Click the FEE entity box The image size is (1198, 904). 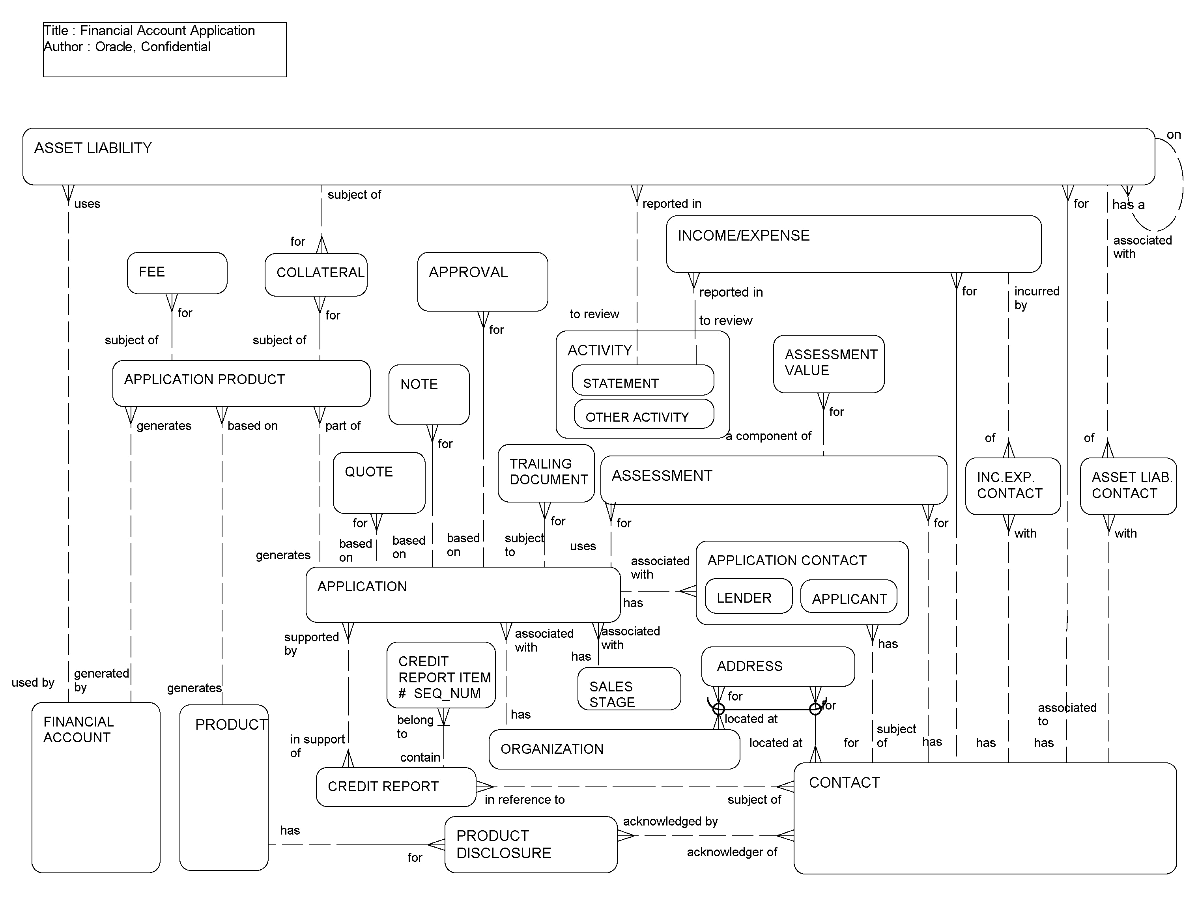pyautogui.click(x=177, y=273)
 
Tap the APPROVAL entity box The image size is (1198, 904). pyautogui.click(x=482, y=281)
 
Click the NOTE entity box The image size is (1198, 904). pyautogui.click(x=428, y=394)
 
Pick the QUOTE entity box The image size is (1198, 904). pyautogui.click(x=379, y=482)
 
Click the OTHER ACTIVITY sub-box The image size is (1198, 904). pyautogui.click(x=643, y=415)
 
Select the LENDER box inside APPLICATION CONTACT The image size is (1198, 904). pyautogui.click(x=748, y=596)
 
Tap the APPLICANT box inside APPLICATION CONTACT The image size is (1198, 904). pyautogui.click(x=848, y=597)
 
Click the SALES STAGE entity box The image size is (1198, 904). pyautogui.click(x=628, y=688)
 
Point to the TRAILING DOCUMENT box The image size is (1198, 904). pyautogui.click(x=546, y=473)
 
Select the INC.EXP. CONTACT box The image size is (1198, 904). pyautogui.click(x=1012, y=486)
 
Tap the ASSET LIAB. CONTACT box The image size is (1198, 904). pyautogui.click(x=1128, y=486)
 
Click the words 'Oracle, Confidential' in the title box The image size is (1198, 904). pyautogui.click(x=152, y=47)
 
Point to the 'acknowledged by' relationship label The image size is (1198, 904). pyautogui.click(x=669, y=821)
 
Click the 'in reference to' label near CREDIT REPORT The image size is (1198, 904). pyautogui.click(x=524, y=799)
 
